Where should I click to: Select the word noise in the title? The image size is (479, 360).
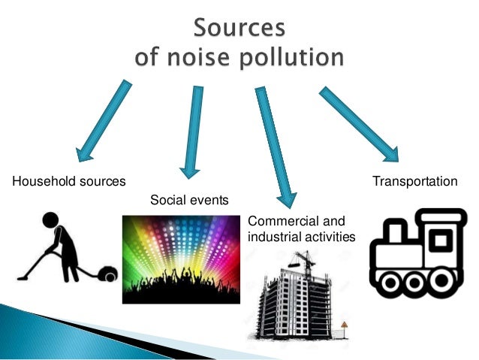[188, 56]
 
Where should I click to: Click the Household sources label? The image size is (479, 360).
[68, 182]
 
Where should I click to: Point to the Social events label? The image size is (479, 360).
[189, 200]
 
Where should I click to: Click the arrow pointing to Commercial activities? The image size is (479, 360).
[273, 147]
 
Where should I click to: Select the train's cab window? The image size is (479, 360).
[441, 241]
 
